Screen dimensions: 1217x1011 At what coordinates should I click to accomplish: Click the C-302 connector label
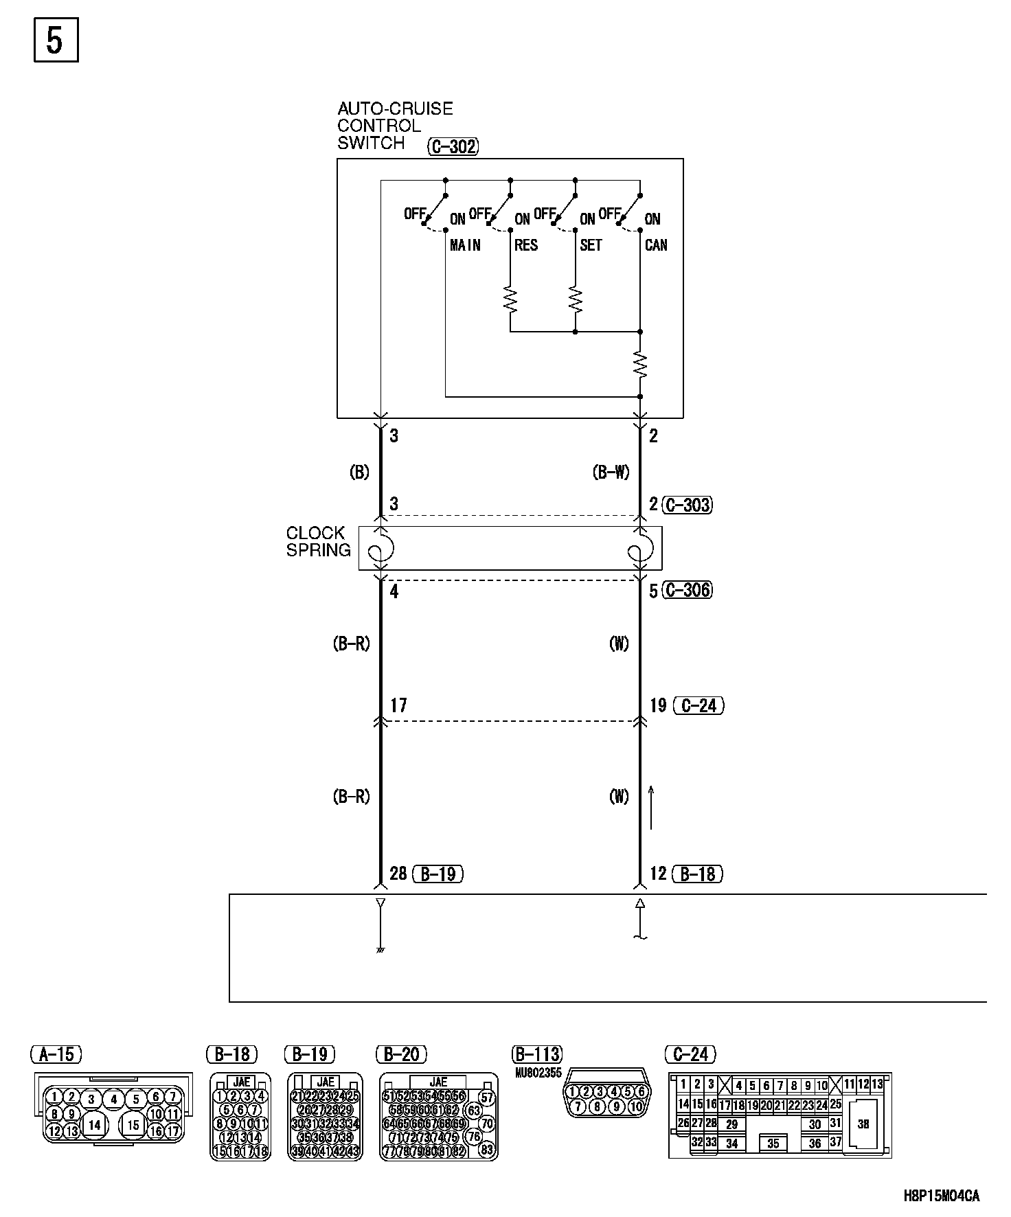click(453, 146)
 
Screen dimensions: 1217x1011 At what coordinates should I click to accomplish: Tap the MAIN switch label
click(465, 245)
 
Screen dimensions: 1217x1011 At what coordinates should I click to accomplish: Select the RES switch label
click(526, 245)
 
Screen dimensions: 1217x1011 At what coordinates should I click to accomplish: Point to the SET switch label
click(591, 245)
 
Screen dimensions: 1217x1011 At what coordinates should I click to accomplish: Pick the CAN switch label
click(656, 245)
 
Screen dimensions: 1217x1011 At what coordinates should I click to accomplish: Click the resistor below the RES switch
click(510, 299)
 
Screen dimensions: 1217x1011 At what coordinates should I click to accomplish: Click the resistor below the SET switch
click(576, 299)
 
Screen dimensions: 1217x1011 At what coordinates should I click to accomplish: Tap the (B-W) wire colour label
click(611, 473)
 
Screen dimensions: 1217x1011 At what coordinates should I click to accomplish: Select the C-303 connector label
click(688, 505)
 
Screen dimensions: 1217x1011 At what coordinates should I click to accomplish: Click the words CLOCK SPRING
click(317, 541)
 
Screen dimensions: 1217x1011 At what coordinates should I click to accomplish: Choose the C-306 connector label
click(688, 590)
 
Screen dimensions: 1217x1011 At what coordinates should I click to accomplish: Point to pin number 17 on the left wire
click(398, 705)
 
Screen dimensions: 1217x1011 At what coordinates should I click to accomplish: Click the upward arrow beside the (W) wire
click(651, 808)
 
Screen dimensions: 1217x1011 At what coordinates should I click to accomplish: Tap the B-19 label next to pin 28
click(438, 874)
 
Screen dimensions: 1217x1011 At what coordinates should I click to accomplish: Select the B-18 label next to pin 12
click(698, 874)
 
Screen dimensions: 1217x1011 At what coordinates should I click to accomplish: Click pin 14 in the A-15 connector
click(94, 1125)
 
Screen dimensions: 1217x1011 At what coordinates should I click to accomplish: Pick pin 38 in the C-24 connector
click(863, 1124)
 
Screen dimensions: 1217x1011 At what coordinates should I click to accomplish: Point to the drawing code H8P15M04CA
click(942, 1196)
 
